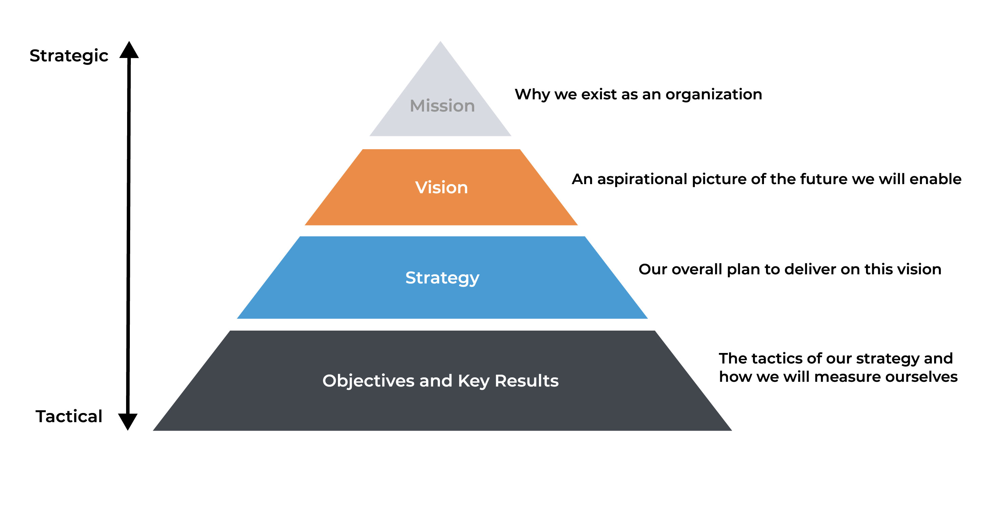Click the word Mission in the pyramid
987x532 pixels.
tap(442, 106)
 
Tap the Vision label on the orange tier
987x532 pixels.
tap(441, 188)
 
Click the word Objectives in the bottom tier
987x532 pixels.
tap(368, 381)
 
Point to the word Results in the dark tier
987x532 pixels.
tap(526, 381)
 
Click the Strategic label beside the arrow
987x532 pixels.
tap(69, 56)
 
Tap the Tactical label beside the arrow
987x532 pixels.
tap(69, 416)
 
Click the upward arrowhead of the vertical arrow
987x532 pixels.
tap(129, 51)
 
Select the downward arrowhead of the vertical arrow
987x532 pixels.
tap(127, 421)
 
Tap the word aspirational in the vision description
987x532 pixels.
tap(642, 179)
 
